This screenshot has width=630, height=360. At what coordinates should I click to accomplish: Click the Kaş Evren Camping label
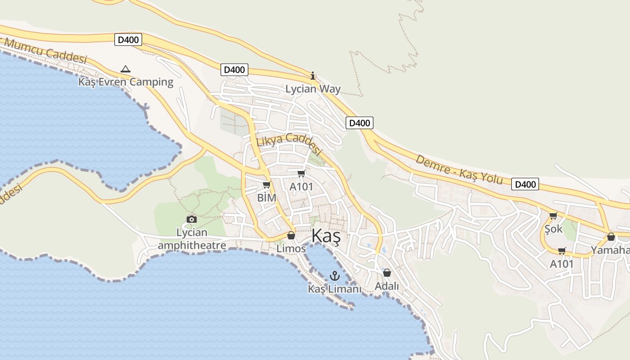point(126,82)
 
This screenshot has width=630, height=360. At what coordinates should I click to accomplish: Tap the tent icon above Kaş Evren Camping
point(126,69)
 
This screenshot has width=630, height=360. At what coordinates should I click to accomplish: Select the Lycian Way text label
point(313,89)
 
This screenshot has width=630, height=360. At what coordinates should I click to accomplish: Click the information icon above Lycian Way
point(313,76)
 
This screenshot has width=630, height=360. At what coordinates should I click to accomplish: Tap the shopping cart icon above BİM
point(266,184)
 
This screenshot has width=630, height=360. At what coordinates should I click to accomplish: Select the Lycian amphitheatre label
point(192,239)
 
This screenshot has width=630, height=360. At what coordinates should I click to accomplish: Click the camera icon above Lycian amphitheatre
point(192,219)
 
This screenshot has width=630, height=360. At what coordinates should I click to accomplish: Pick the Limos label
point(291,248)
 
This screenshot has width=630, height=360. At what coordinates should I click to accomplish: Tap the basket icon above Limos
point(291,235)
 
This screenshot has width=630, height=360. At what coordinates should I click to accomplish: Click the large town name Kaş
point(326,237)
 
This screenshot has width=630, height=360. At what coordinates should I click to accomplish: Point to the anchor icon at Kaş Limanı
point(334,276)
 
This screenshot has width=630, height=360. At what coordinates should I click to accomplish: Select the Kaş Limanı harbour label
point(334,289)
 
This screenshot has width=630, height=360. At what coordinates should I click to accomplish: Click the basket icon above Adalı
point(387,273)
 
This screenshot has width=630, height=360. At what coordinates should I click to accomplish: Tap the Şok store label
point(553,229)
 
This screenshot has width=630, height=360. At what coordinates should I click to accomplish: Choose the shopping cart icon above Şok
point(553,216)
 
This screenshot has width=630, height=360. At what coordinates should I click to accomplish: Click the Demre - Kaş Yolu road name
point(459,169)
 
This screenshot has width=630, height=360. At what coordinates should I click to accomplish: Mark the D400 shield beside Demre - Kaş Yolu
point(525,184)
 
